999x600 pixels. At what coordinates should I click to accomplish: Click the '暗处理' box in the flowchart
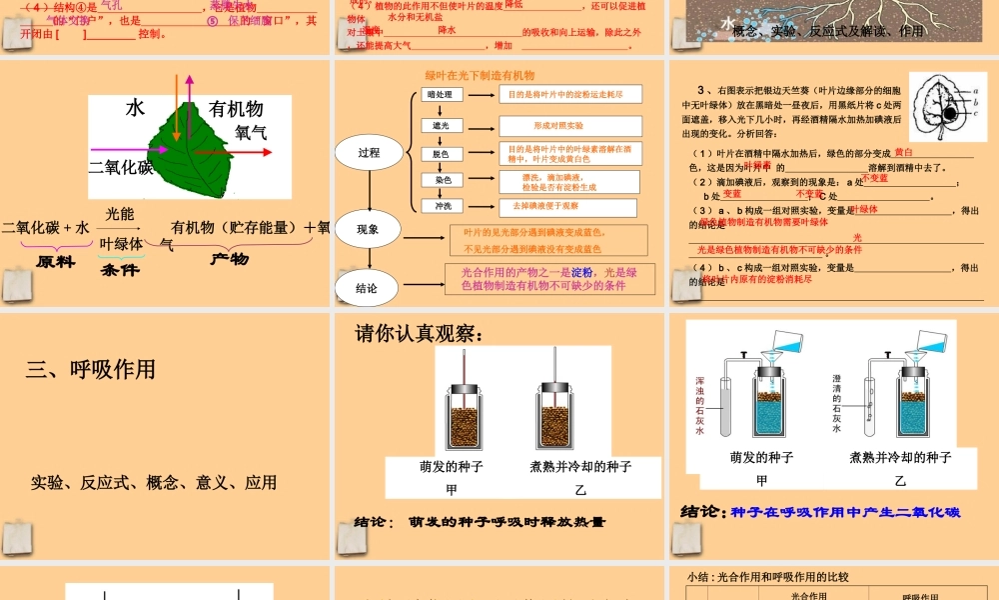(x=439, y=95)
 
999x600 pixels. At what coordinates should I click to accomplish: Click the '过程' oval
(x=369, y=153)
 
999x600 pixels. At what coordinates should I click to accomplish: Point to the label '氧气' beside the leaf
(x=251, y=132)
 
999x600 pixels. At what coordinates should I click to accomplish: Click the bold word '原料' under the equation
(x=56, y=260)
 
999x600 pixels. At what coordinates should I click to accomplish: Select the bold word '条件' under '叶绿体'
(x=121, y=269)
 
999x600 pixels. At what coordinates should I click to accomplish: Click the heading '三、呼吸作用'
(x=91, y=370)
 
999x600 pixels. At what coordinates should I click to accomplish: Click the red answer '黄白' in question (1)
(x=903, y=152)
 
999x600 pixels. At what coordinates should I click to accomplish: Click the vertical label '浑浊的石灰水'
(x=699, y=405)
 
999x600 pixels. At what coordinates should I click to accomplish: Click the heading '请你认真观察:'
(x=419, y=333)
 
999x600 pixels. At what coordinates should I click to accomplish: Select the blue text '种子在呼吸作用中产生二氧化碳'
(x=845, y=512)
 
